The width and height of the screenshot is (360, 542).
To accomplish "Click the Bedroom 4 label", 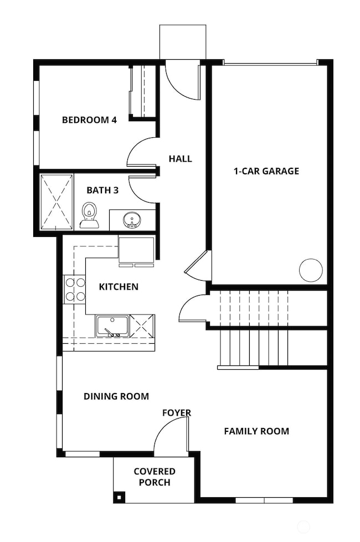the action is pos(89,120).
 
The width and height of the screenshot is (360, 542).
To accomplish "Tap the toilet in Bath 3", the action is pos(89,215).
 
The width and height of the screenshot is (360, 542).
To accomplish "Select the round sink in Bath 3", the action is pos(132,219).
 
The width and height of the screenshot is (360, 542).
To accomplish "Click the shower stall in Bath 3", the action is pos(56,202).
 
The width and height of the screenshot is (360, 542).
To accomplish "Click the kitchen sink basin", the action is pos(112,326).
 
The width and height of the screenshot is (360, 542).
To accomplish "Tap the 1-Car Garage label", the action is pos(266,171).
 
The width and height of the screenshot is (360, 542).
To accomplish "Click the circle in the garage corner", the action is pos(311,270).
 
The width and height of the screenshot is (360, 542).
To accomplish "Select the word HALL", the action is pos(180,159).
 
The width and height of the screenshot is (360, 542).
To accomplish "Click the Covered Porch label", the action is pos(155,477).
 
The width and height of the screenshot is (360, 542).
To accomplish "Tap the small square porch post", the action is pos(119,497).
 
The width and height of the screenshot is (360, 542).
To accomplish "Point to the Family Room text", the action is pos(256,431).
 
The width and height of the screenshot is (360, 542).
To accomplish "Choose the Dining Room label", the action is pos(116,396).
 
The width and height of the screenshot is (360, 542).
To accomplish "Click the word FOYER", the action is pos(177,412).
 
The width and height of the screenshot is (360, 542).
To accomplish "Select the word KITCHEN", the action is pos(119,287).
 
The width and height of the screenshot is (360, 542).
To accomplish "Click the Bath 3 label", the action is pos(102,190).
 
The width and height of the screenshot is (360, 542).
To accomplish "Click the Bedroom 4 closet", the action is pos(142,91).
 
